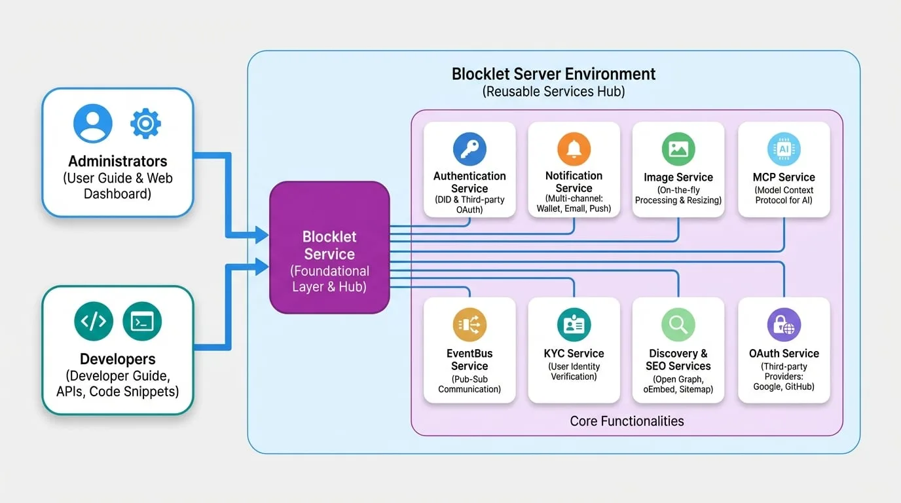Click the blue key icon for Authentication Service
469,149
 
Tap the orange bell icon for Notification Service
574,149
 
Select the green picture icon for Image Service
678,149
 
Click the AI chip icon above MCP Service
784,149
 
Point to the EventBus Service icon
469,324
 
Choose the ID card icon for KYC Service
574,324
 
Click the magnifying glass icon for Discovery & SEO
678,324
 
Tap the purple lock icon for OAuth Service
784,324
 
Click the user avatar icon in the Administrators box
93,123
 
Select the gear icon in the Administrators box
145,124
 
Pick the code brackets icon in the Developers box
94,321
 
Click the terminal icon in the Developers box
142,321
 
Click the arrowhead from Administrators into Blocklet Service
261,234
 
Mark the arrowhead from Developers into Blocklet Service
261,267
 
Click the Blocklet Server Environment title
553,74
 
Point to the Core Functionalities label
627,421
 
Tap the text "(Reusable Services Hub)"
553,92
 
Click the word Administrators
117,161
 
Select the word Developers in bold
117,359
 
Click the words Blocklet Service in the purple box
329,246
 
